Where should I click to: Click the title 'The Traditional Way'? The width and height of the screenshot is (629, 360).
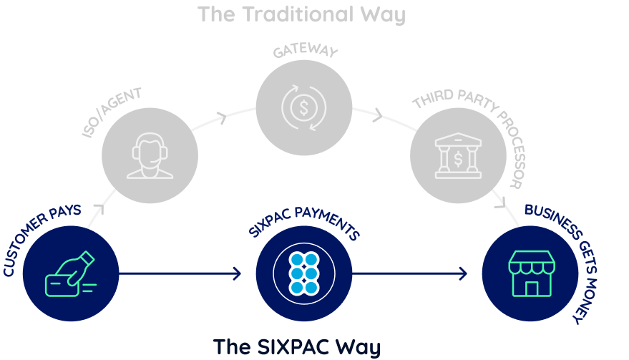click(301, 14)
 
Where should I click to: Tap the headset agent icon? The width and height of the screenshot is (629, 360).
click(150, 156)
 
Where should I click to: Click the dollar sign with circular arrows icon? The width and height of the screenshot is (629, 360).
click(304, 108)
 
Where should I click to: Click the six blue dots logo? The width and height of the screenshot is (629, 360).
click(304, 273)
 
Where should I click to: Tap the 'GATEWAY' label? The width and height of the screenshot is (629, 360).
click(305, 52)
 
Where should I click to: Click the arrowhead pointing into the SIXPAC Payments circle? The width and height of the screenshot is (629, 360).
click(238, 273)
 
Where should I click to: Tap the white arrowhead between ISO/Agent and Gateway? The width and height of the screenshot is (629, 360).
click(223, 117)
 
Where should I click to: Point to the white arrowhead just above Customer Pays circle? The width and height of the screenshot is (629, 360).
click(99, 208)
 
